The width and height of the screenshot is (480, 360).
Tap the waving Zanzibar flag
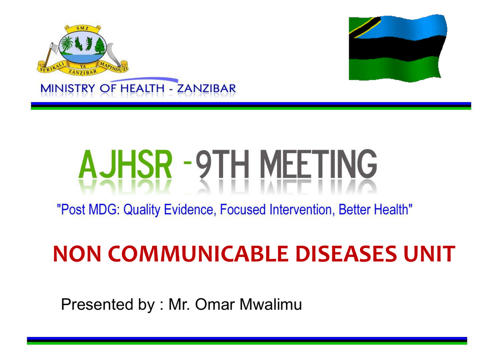(x=397, y=48)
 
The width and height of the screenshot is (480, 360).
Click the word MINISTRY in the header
(x=67, y=89)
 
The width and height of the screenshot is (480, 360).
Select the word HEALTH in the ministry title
(x=142, y=89)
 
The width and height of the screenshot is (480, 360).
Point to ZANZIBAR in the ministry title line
(x=206, y=89)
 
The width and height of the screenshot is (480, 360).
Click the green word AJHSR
(x=126, y=165)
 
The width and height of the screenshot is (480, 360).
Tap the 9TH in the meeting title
(x=222, y=165)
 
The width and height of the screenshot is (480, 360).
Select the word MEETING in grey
(x=319, y=164)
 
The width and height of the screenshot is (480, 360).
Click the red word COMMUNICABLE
(x=198, y=254)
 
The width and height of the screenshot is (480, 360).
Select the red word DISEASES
(x=346, y=254)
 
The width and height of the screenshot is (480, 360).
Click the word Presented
(x=97, y=304)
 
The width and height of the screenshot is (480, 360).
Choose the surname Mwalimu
(x=270, y=304)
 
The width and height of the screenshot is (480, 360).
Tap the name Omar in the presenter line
(x=215, y=304)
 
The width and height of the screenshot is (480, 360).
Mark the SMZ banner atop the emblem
(x=82, y=29)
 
